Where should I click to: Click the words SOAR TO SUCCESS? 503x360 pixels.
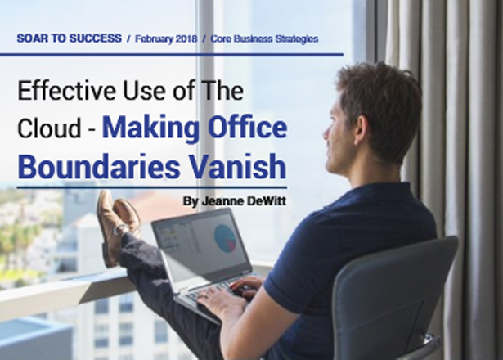point(70,38)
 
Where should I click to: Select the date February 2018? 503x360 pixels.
point(166,38)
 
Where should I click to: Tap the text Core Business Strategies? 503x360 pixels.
point(264,38)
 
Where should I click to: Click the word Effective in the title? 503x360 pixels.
point(65,91)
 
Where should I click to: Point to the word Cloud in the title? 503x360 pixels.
point(49,128)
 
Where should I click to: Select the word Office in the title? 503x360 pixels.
point(247,128)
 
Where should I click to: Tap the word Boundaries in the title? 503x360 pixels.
point(98,167)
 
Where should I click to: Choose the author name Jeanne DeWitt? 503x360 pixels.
point(245,201)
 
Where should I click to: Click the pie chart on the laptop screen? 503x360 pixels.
point(225,237)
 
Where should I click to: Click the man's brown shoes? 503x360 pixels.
point(117,226)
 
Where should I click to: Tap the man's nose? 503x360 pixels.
point(326,133)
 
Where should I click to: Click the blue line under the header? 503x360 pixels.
point(172,55)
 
